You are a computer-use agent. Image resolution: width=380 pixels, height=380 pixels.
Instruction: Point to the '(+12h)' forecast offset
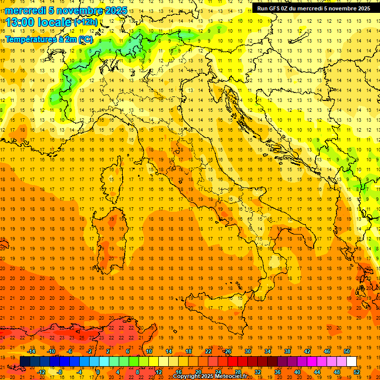(86, 22)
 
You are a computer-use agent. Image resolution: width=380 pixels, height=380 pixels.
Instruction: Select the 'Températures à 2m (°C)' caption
(48, 39)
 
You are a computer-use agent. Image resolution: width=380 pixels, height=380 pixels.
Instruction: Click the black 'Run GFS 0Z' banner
(313, 8)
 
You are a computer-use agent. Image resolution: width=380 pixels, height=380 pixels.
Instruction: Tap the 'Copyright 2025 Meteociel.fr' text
(210, 377)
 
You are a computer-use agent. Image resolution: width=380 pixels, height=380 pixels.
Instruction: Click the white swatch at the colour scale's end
(351, 362)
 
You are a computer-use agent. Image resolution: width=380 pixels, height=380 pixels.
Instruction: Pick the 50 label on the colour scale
(347, 351)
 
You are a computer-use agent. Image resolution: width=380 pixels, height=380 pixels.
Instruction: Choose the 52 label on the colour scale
(357, 372)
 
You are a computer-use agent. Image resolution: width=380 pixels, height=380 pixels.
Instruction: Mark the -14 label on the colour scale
(31, 351)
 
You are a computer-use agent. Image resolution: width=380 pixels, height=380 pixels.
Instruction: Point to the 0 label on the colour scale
(98, 372)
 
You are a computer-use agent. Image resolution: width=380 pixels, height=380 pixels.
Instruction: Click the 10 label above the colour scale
(148, 351)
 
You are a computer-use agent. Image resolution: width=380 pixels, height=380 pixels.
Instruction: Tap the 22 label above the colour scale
(208, 351)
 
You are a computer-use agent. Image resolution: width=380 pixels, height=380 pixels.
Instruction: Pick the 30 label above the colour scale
(247, 351)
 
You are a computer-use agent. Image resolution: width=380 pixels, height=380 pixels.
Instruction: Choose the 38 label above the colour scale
(287, 351)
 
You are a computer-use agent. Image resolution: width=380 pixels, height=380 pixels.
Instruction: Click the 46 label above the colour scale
(327, 351)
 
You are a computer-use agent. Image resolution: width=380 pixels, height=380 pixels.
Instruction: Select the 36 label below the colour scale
(277, 372)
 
